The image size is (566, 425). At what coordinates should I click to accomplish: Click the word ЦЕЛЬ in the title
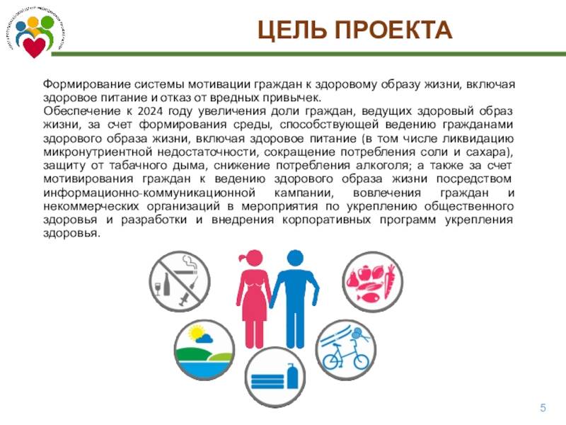[292, 30]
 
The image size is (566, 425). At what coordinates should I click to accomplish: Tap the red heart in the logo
[34, 47]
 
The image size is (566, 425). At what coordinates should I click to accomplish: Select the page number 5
[543, 408]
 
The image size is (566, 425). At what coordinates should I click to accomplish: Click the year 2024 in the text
[151, 111]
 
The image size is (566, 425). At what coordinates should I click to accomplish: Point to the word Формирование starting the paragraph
[86, 84]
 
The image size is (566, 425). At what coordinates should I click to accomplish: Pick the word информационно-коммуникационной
[149, 193]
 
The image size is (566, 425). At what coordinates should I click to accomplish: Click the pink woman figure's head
[253, 259]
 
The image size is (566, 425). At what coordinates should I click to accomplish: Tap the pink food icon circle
[373, 282]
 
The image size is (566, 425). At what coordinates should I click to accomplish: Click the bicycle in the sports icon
[345, 356]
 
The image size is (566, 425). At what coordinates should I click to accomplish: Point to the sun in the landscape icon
[196, 333]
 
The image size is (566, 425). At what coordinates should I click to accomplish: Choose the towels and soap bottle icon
[275, 377]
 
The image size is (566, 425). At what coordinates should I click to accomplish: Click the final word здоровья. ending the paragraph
[71, 234]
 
